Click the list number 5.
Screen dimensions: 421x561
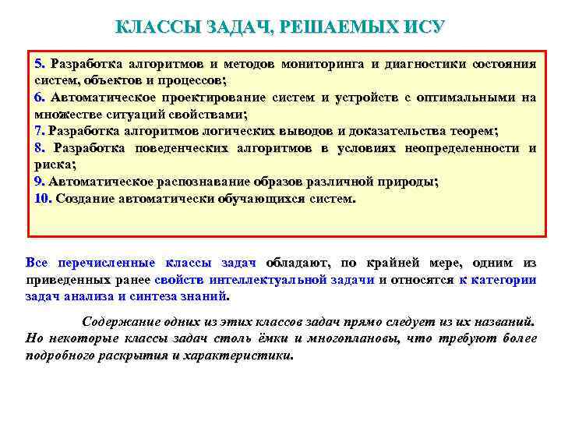tap(41, 63)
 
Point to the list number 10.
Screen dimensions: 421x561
tap(43, 198)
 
